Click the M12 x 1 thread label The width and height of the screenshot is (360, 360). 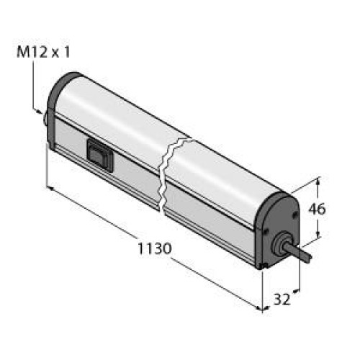coord(43,53)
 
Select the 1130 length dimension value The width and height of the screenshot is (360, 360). coord(155,248)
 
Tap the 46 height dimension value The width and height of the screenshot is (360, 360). coord(317,209)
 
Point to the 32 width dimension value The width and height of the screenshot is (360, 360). coord(282,300)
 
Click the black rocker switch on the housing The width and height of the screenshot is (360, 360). coord(100,156)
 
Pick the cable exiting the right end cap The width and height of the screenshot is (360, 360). coord(302,253)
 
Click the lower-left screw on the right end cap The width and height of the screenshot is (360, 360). coord(266,231)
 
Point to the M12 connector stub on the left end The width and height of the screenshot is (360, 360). coord(45,120)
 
